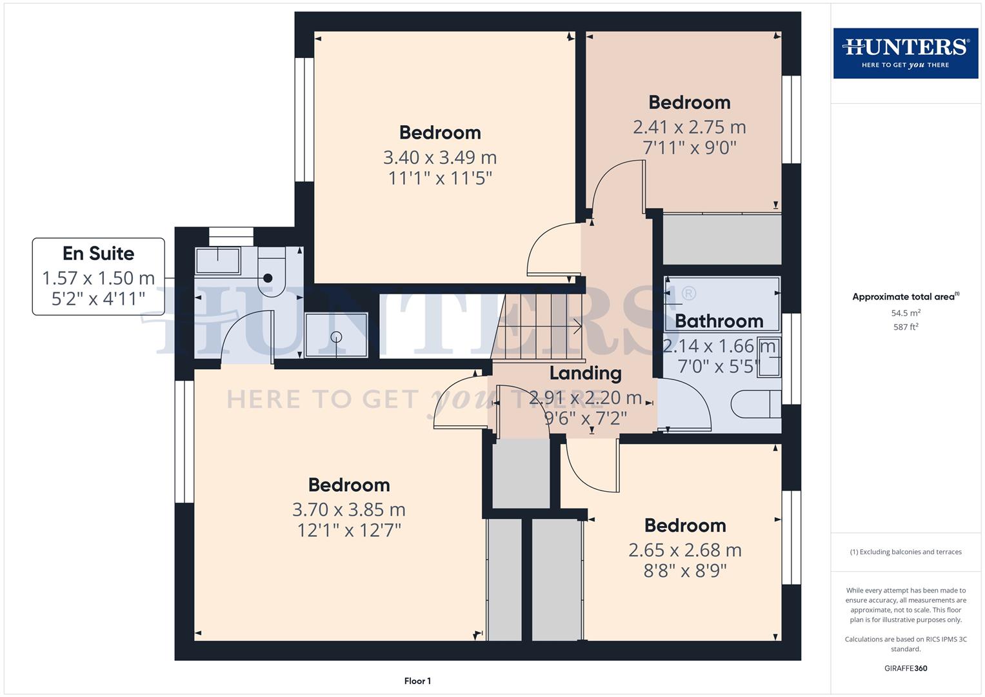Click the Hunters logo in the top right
(x=905, y=53)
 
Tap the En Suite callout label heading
(x=98, y=254)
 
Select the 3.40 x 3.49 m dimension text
(x=440, y=157)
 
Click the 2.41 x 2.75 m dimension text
(x=689, y=126)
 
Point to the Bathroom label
(x=719, y=321)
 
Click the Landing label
(x=585, y=373)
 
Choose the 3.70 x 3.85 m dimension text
(x=348, y=509)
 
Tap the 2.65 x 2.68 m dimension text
(x=684, y=550)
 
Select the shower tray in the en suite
(x=336, y=335)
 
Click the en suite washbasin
(x=218, y=260)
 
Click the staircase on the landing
(x=539, y=327)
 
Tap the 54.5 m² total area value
(x=905, y=313)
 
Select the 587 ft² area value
(x=905, y=327)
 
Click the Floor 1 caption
(x=417, y=681)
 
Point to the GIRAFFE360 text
(x=905, y=668)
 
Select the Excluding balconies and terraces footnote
(x=905, y=552)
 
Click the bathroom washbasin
(x=769, y=356)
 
